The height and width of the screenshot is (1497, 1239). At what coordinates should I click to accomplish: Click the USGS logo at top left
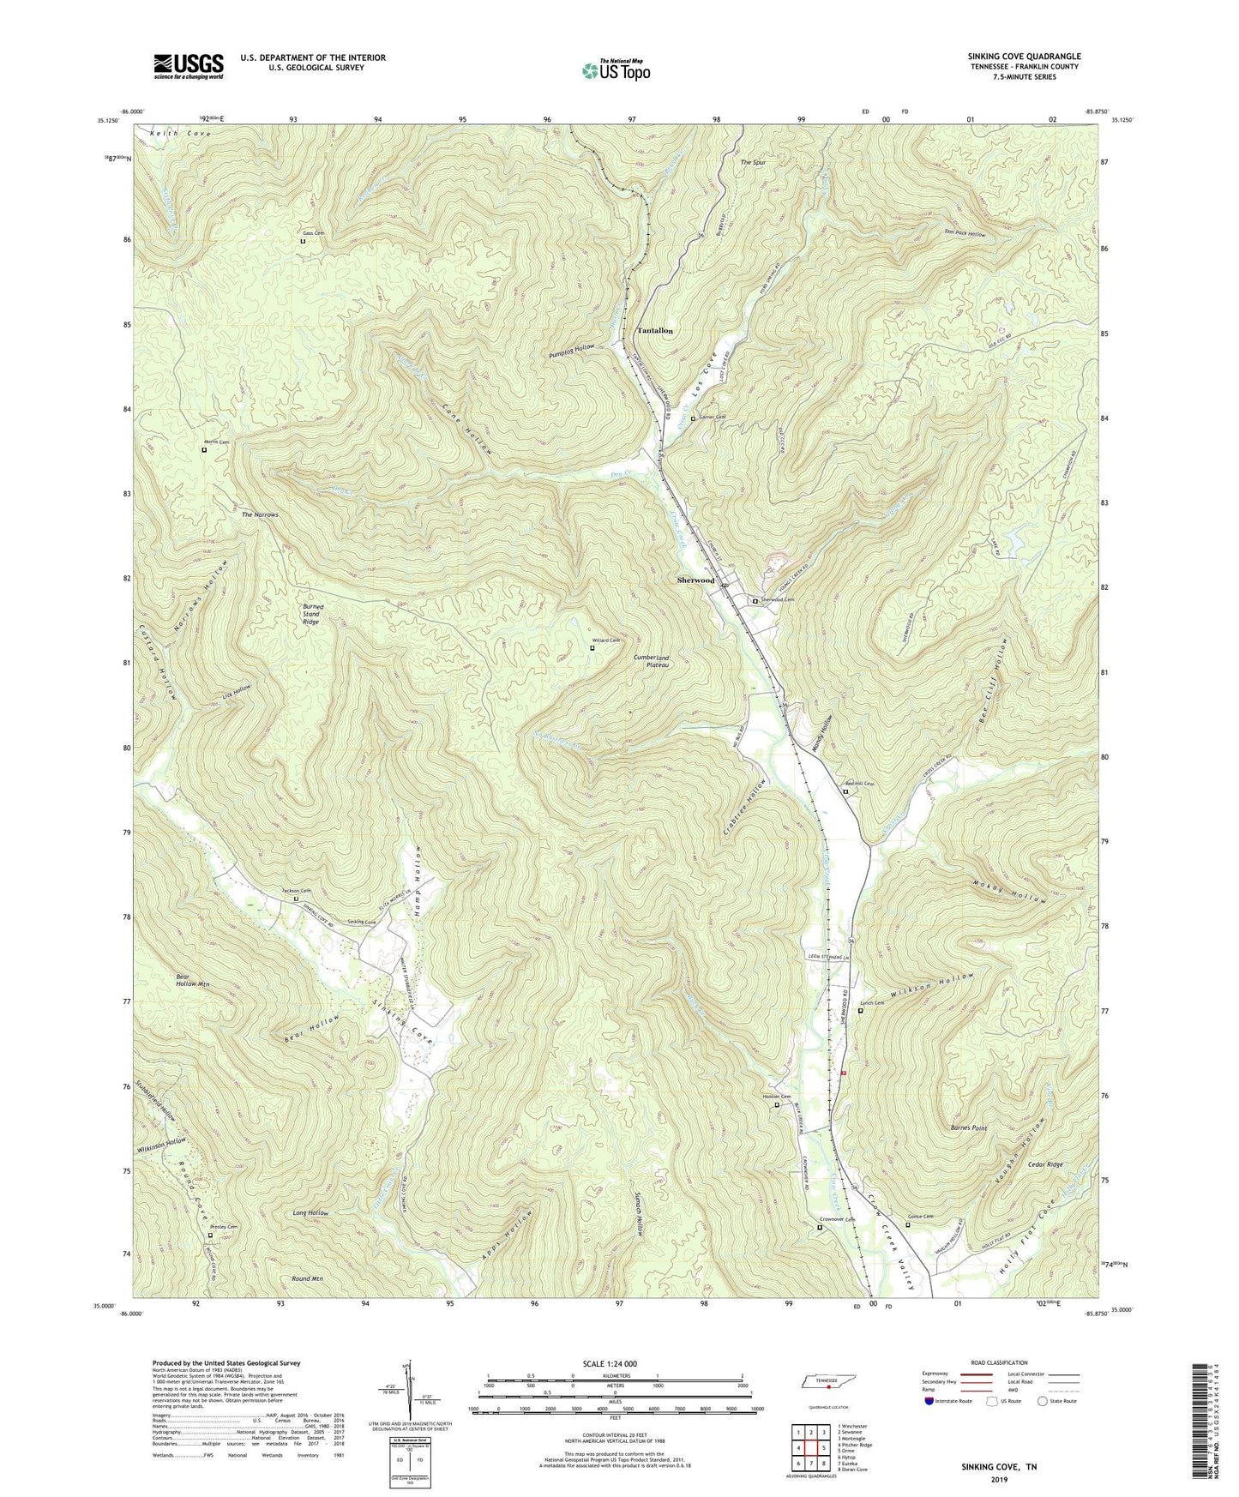pos(189,66)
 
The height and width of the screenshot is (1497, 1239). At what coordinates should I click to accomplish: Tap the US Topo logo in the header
pos(615,70)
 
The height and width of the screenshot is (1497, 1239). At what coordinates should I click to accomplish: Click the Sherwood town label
pos(695,580)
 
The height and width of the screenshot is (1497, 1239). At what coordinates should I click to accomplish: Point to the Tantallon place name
pos(654,330)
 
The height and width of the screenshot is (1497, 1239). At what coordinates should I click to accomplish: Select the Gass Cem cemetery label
pos(313,233)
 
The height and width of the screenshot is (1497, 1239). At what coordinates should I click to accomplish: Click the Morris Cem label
pos(217,442)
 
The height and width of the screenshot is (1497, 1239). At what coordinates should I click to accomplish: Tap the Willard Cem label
pos(604,640)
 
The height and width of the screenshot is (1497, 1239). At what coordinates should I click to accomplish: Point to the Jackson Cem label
pos(297,892)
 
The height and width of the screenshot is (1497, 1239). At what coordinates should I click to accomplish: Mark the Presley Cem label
pos(224,1227)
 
